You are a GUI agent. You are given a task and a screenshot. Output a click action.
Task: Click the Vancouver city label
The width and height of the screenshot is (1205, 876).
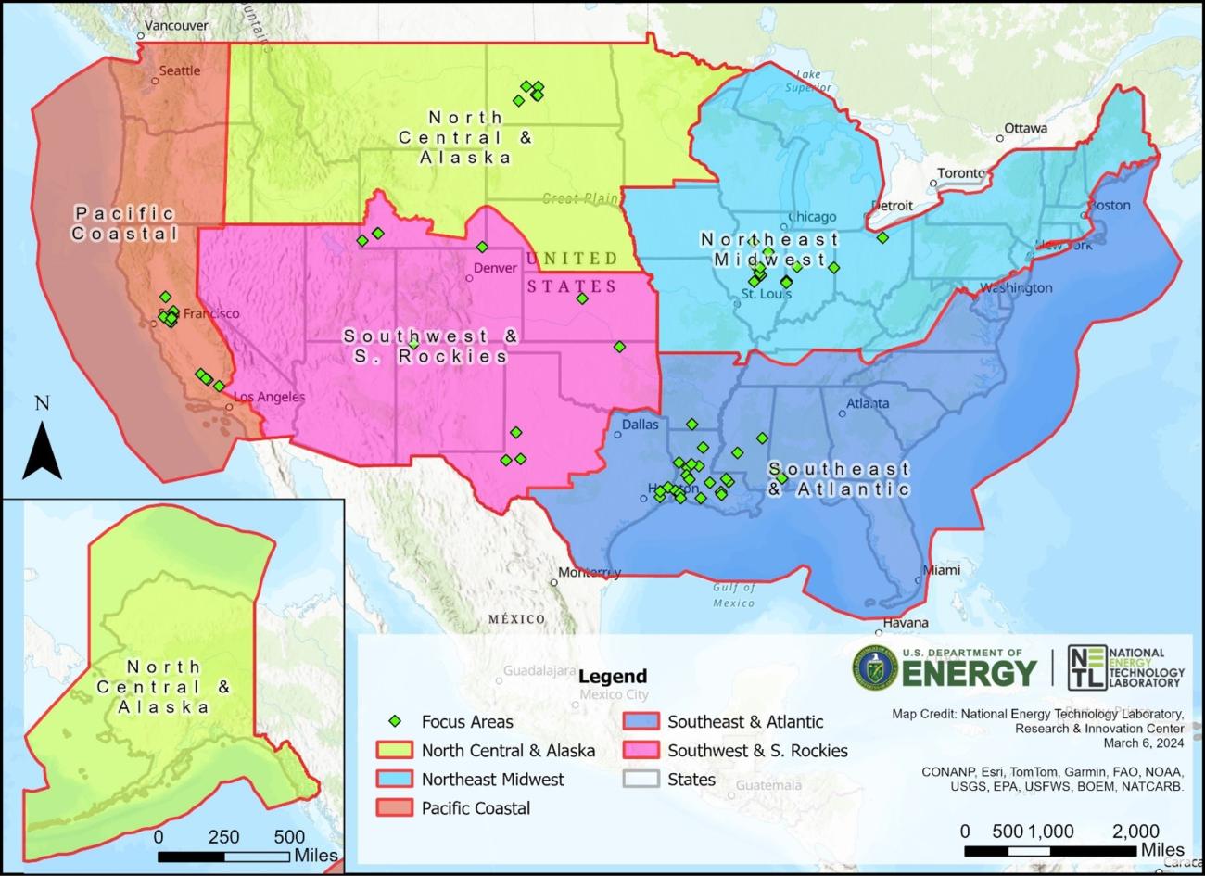pyautogui.click(x=177, y=26)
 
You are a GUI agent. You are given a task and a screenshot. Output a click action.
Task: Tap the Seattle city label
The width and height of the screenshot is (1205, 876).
pyautogui.click(x=179, y=70)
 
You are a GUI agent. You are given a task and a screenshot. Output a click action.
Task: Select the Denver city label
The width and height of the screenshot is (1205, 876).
pyautogui.click(x=495, y=268)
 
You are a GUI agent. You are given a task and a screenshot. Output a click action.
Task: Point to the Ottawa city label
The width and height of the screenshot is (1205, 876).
pyautogui.click(x=1025, y=128)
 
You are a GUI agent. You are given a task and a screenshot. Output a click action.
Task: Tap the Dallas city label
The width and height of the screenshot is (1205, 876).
pyautogui.click(x=640, y=425)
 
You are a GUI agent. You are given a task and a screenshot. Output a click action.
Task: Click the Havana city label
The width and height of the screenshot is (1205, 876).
pyautogui.click(x=905, y=623)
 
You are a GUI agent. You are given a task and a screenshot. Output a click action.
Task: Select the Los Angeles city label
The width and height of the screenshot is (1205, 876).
pyautogui.click(x=269, y=397)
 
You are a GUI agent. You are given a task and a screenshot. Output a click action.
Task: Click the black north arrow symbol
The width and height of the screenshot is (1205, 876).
pyautogui.click(x=42, y=450)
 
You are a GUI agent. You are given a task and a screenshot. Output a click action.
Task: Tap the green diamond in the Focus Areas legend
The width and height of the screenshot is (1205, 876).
pyautogui.click(x=396, y=721)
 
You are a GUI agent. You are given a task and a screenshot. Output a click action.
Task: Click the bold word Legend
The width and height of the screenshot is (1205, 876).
pyautogui.click(x=613, y=676)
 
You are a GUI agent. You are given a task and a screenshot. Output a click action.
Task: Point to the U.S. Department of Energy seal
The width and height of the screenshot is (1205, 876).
pyautogui.click(x=874, y=668)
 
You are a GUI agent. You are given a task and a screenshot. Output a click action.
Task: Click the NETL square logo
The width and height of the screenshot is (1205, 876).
pyautogui.click(x=1086, y=668)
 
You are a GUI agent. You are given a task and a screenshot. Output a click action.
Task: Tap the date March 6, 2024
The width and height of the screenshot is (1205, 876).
pyautogui.click(x=1143, y=743)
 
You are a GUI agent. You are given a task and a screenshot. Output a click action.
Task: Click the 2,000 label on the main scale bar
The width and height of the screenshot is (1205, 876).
pyautogui.click(x=1135, y=831)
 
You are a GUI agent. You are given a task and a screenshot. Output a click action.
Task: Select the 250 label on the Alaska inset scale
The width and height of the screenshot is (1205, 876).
pyautogui.click(x=223, y=836)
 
